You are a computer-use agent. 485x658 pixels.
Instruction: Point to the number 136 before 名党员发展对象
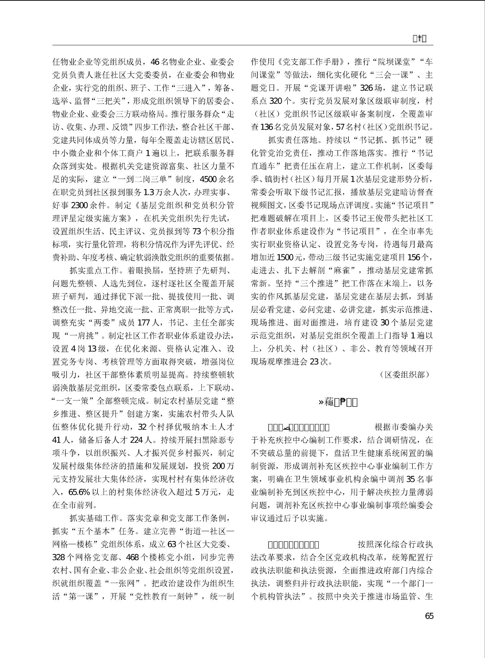click(x=267, y=127)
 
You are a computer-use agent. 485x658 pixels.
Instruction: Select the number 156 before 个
click(x=414, y=257)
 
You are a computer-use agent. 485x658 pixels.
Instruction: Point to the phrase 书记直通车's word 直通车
click(x=263, y=166)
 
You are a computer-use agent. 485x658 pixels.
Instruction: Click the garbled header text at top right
click(x=420, y=39)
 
